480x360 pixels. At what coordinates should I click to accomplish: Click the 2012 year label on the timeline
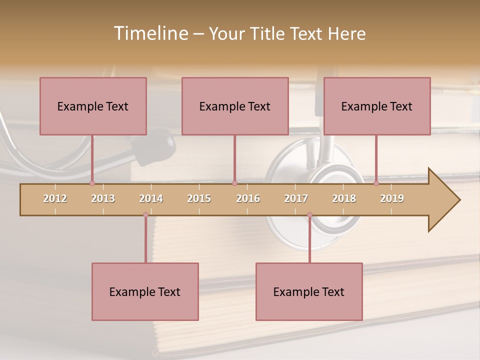click(55, 198)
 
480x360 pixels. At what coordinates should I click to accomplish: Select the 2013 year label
click(103, 198)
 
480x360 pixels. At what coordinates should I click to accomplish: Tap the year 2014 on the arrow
click(151, 198)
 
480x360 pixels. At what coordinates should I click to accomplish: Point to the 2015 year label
click(199, 198)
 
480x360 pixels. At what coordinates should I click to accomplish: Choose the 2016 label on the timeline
click(248, 198)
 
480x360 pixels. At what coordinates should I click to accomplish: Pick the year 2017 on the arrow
click(296, 198)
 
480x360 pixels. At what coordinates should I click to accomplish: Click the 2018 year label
click(344, 198)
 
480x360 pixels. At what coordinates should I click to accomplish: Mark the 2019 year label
click(392, 198)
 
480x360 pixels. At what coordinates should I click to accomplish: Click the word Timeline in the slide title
click(150, 33)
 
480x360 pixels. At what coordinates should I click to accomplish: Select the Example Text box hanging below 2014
click(145, 291)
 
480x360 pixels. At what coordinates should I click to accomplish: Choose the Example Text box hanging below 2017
click(309, 291)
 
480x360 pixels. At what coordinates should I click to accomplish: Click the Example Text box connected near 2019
click(377, 106)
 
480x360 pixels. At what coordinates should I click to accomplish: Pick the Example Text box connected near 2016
click(235, 106)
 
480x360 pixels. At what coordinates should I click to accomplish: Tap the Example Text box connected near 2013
click(93, 106)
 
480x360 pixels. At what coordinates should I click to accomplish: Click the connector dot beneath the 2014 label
click(145, 214)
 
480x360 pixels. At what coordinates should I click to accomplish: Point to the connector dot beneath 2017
click(309, 214)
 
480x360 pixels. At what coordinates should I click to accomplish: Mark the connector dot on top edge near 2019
click(376, 183)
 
